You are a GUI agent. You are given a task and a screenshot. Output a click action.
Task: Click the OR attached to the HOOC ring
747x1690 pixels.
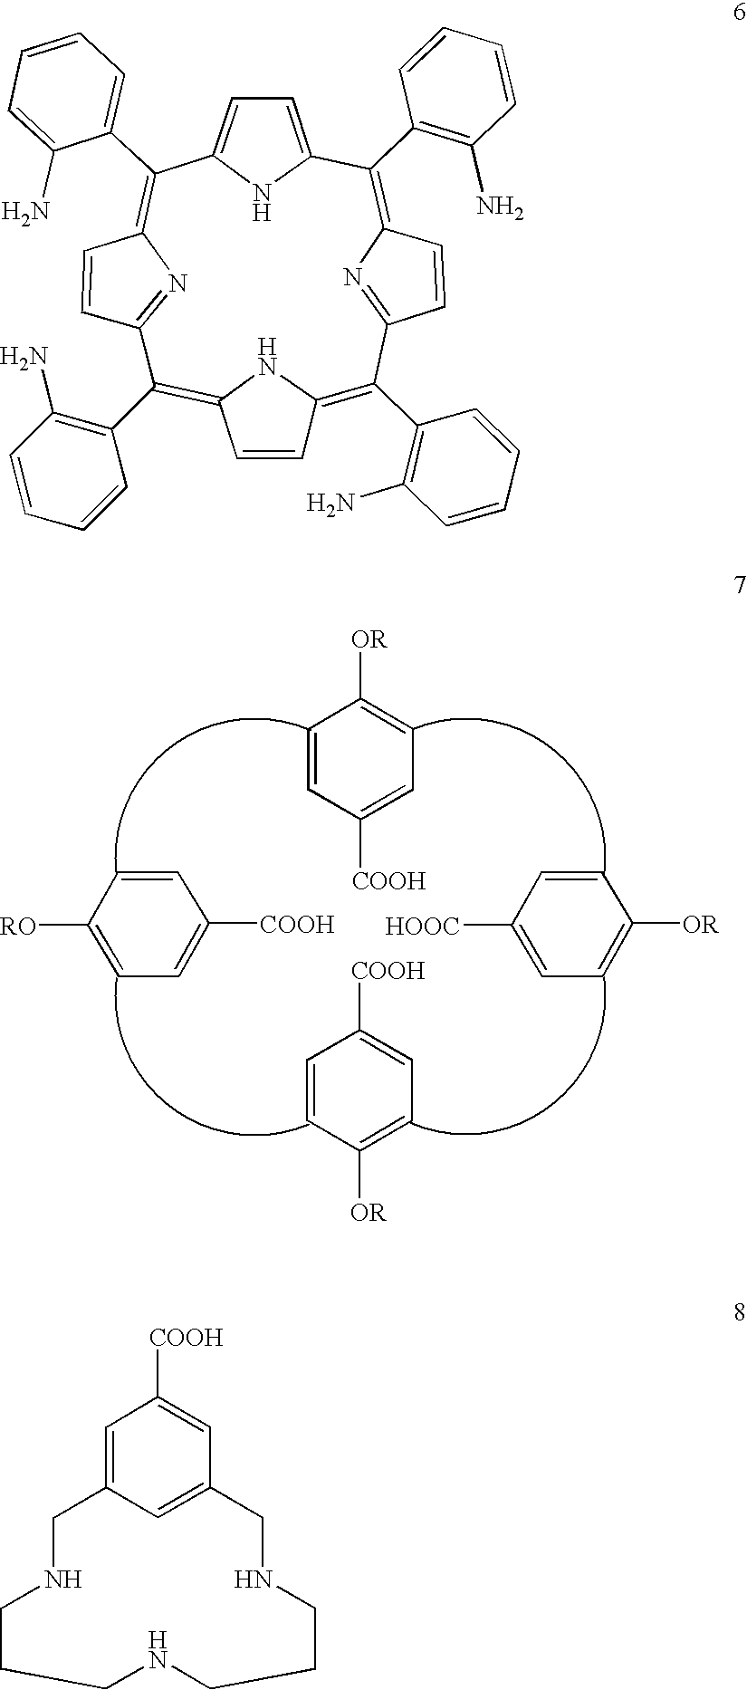click(700, 925)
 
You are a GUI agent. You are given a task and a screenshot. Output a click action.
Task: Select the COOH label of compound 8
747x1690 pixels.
click(187, 1338)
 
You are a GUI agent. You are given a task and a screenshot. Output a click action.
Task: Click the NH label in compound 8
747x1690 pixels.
click(64, 1581)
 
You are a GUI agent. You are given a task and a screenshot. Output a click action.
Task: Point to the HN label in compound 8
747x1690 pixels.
click(253, 1581)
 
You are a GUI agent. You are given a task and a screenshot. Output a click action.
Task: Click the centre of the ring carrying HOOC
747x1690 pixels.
click(571, 925)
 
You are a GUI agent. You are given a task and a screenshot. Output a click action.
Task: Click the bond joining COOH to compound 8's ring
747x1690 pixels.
click(158, 1374)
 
